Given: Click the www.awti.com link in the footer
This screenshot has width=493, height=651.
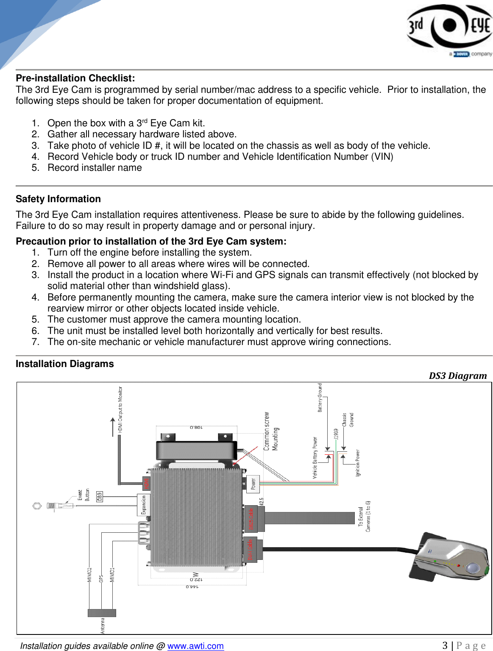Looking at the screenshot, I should (x=195, y=646).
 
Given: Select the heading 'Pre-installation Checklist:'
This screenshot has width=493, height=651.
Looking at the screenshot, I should (x=75, y=78).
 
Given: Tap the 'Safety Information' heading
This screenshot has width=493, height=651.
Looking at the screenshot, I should (x=58, y=199).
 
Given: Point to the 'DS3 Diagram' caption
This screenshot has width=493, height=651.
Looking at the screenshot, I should (x=457, y=376).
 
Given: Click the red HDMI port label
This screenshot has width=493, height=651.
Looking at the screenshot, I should (x=146, y=484).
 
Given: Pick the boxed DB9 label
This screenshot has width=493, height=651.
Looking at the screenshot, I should (x=100, y=496).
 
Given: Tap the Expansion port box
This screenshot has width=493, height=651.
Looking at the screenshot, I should (x=144, y=505).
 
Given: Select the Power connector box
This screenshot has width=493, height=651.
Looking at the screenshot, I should (x=253, y=484).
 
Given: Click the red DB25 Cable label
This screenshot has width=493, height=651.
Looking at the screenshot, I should (x=250, y=518).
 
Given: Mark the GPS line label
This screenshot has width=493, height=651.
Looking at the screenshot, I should (x=101, y=579).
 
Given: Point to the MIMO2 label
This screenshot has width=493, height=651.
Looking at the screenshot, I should (x=89, y=575).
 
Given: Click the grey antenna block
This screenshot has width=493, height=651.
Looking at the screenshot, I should (x=102, y=613).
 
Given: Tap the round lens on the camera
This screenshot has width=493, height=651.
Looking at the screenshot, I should (x=473, y=568).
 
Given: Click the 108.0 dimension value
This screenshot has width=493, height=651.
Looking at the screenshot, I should (x=196, y=427).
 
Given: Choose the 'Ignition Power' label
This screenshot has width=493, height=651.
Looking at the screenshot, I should (x=357, y=463).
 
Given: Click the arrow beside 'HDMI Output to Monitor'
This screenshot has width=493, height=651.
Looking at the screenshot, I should (x=113, y=426).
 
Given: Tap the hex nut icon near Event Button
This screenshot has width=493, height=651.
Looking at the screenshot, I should (x=37, y=506).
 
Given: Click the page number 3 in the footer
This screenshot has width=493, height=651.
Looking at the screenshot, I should (x=445, y=645).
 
